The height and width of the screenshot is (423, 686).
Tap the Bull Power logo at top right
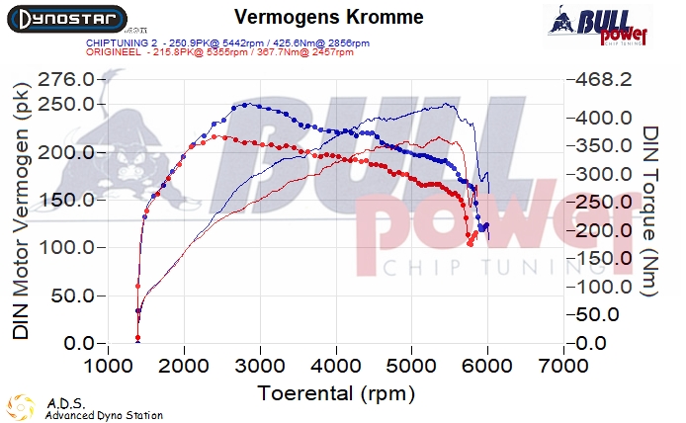[x=596, y=25]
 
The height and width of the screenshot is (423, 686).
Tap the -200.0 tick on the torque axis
[x=604, y=230]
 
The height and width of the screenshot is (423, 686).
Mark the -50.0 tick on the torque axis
[x=600, y=315]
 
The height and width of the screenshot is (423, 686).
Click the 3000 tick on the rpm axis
[x=260, y=367]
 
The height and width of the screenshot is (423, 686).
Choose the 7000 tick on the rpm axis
[x=563, y=367]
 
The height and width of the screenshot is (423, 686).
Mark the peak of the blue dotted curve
[x=244, y=105]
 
